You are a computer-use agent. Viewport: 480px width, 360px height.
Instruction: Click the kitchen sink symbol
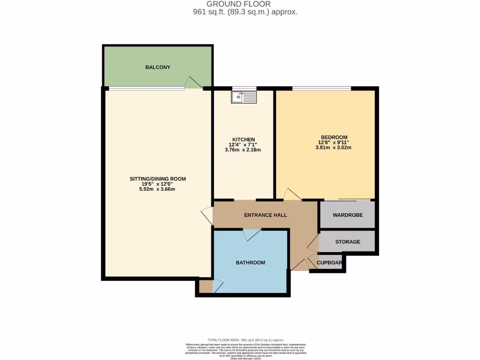pyautogui.click(x=243, y=97)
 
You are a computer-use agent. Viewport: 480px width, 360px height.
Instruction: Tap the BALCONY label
pyautogui.click(x=157, y=67)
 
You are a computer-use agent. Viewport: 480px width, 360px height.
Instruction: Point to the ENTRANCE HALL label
pyautogui.click(x=265, y=215)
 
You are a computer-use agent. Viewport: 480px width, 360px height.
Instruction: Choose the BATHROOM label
pyautogui.click(x=250, y=262)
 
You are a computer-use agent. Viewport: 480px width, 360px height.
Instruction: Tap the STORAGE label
pyautogui.click(x=347, y=242)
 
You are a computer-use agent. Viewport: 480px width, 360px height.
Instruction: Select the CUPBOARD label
pyautogui.click(x=330, y=262)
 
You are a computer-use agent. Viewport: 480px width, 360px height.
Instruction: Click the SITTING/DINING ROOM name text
pyautogui.click(x=157, y=179)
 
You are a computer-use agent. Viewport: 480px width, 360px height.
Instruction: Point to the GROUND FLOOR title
pyautogui.click(x=239, y=4)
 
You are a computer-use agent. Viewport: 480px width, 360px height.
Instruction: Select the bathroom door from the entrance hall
pyautogui.click(x=252, y=234)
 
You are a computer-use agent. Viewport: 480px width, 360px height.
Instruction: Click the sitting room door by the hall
pyautogui.click(x=207, y=216)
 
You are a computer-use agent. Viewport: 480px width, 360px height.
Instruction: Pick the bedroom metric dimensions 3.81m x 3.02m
pyautogui.click(x=333, y=148)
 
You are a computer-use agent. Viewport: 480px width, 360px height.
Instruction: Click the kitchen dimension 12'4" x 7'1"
pyautogui.click(x=242, y=145)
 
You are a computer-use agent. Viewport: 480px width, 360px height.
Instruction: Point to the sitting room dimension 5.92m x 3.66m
pyautogui.click(x=157, y=189)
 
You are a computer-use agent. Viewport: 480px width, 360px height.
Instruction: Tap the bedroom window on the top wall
pyautogui.click(x=322, y=88)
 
